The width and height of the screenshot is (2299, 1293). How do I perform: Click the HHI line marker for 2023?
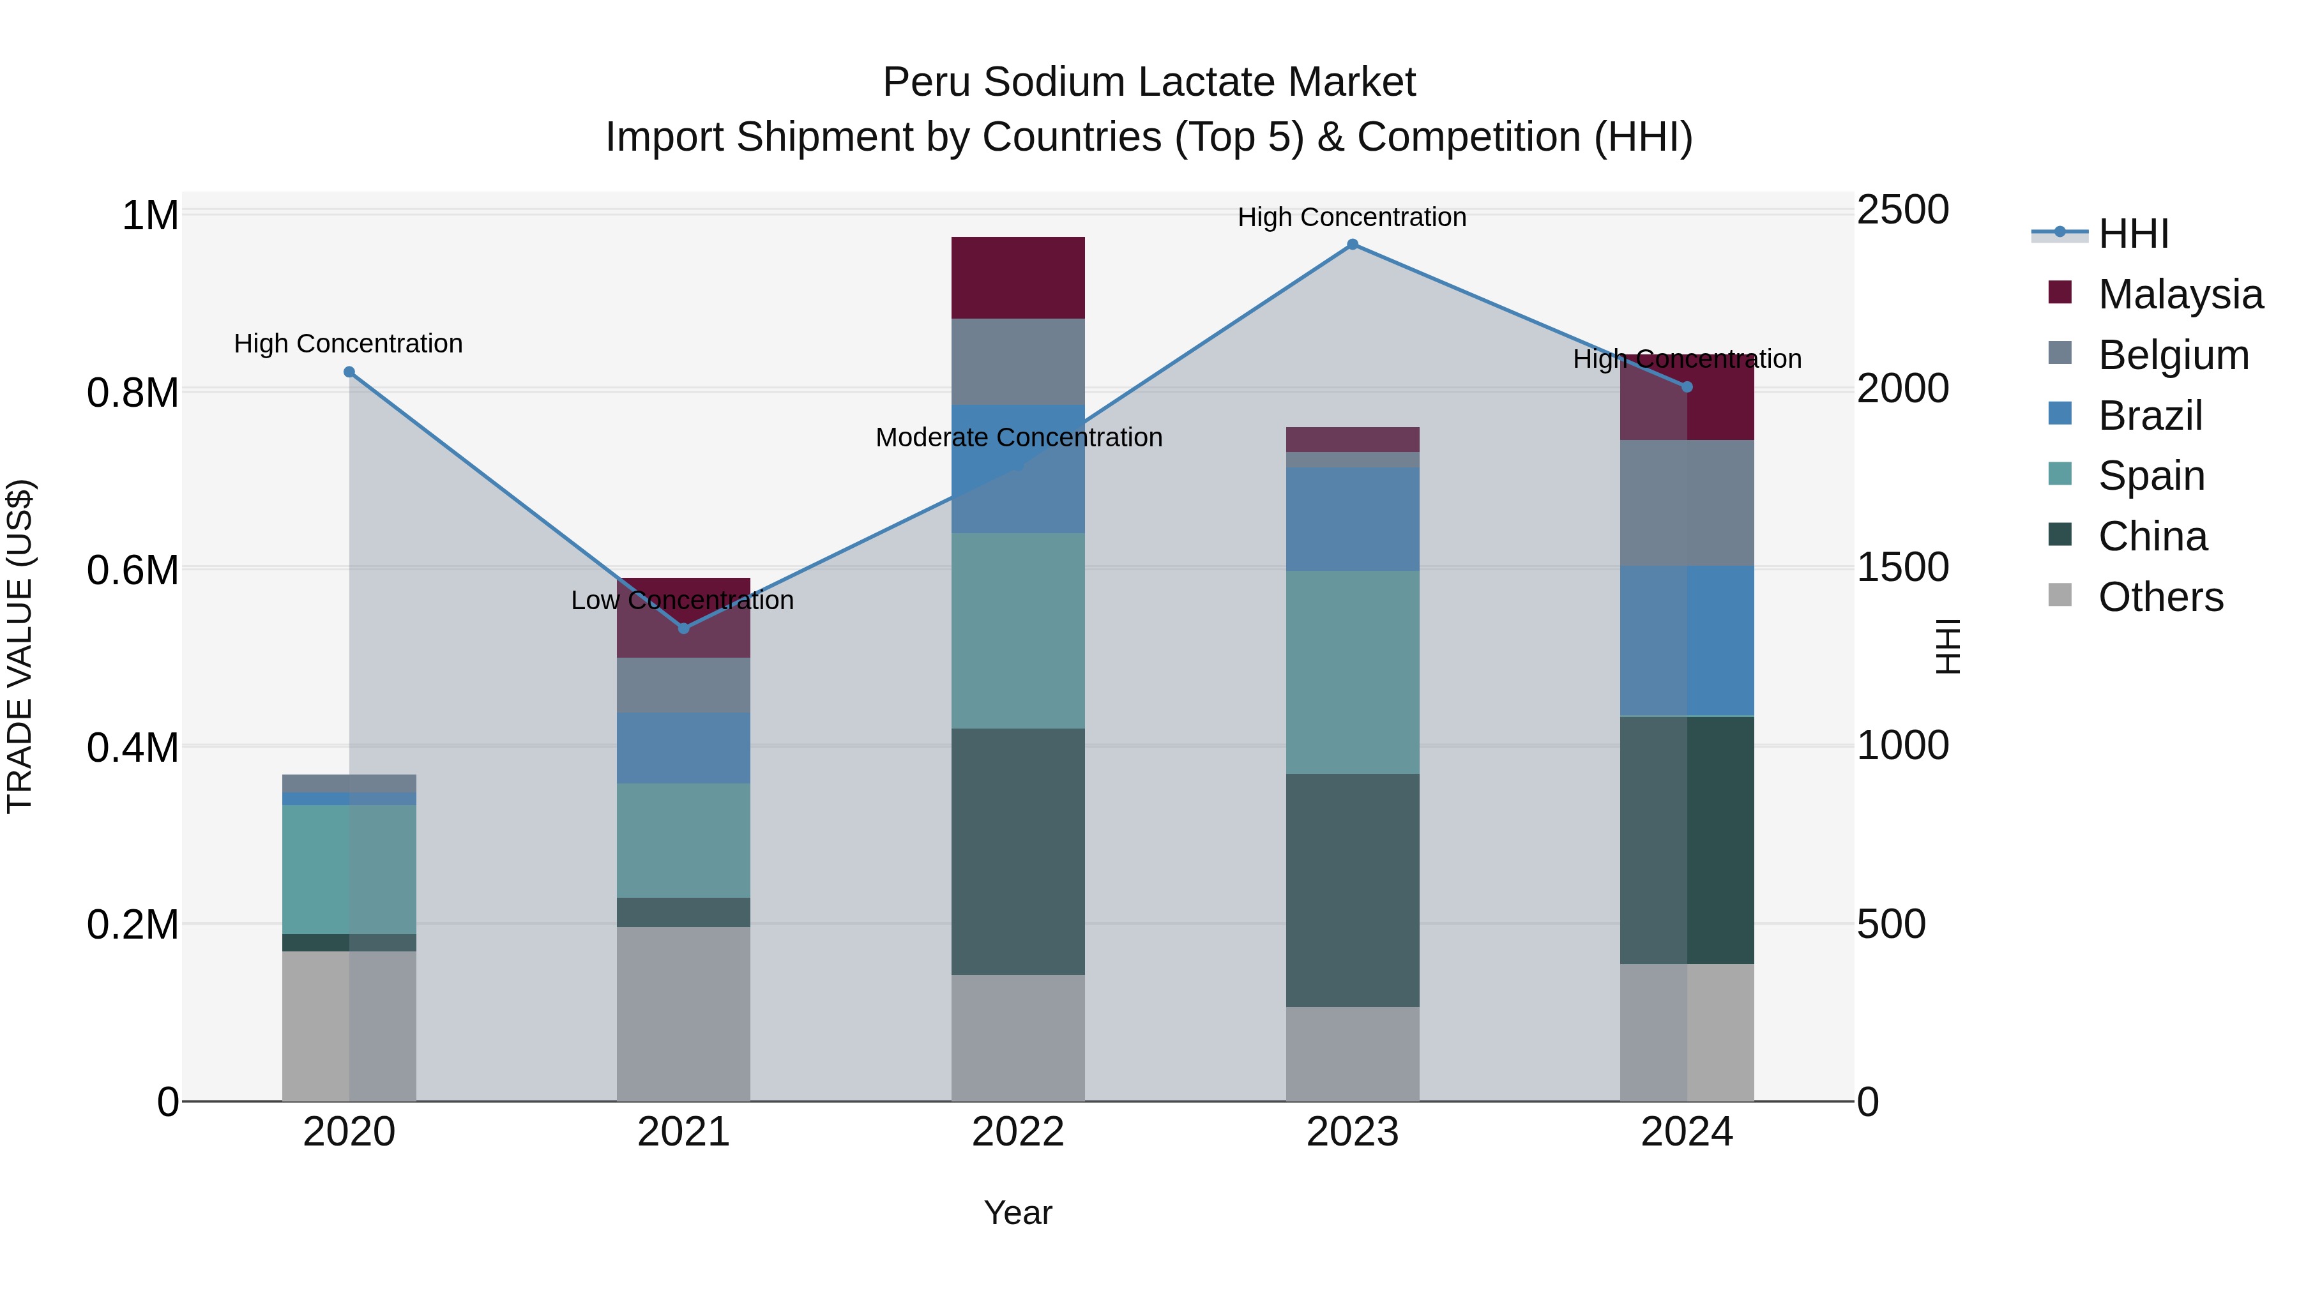pyautogui.click(x=1352, y=245)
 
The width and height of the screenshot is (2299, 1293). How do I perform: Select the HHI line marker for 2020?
pyautogui.click(x=349, y=372)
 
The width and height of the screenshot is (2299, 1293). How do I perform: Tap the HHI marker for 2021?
pyautogui.click(x=683, y=628)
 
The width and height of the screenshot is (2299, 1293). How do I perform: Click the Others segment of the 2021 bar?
pyautogui.click(x=683, y=1014)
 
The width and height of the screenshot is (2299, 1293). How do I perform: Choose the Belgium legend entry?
pyautogui.click(x=2173, y=355)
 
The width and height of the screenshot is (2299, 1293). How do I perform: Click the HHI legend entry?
pyautogui.click(x=2133, y=234)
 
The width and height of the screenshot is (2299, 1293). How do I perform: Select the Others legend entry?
pyautogui.click(x=2160, y=597)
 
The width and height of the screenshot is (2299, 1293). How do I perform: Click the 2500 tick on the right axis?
pyautogui.click(x=1903, y=211)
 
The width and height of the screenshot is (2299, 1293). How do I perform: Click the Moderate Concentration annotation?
pyautogui.click(x=1019, y=437)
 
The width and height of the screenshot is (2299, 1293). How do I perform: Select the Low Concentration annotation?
pyautogui.click(x=682, y=601)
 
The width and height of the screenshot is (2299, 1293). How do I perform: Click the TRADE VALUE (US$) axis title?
pyautogui.click(x=20, y=646)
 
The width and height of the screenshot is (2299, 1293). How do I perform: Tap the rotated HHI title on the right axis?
pyautogui.click(x=1948, y=646)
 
